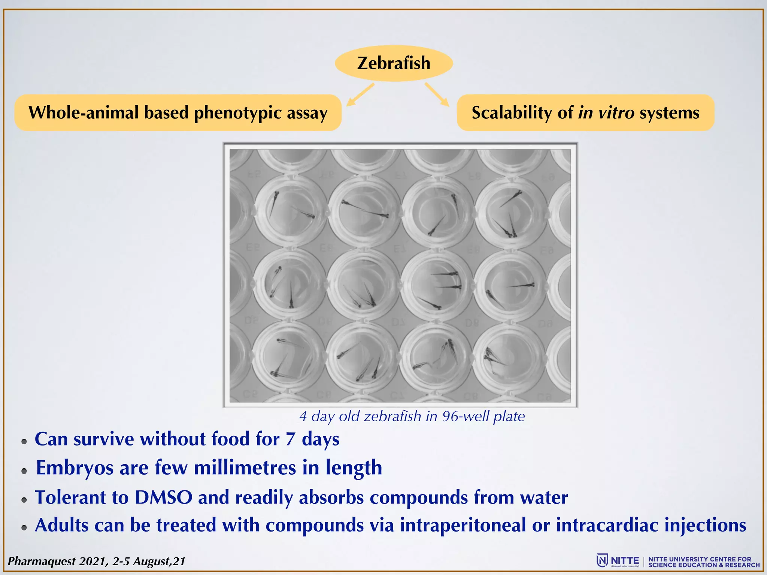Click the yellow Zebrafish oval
pyautogui.click(x=394, y=63)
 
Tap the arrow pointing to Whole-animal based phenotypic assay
pyautogui.click(x=360, y=95)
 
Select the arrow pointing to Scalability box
pyautogui.click(x=437, y=94)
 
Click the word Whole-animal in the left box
pyautogui.click(x=84, y=113)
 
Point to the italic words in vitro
pyautogui.click(x=606, y=113)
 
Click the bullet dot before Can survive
pyautogui.click(x=24, y=442)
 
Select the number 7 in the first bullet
pyautogui.click(x=290, y=439)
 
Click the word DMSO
pyautogui.click(x=164, y=498)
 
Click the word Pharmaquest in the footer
pyautogui.click(x=42, y=562)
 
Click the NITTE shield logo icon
pyautogui.click(x=602, y=561)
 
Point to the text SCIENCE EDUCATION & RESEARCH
pyautogui.click(x=704, y=565)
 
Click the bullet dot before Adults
pyautogui.click(x=24, y=528)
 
